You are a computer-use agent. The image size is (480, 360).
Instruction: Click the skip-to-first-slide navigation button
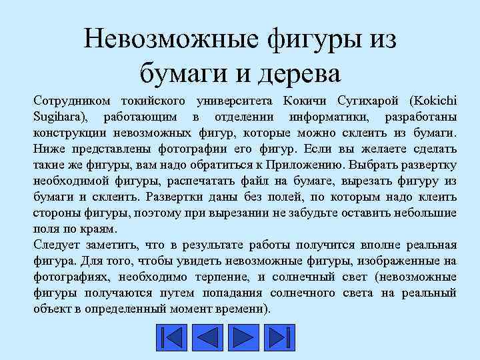(173, 337)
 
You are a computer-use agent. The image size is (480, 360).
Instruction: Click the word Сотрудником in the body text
(69, 100)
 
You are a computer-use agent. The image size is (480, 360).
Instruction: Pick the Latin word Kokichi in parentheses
(435, 100)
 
